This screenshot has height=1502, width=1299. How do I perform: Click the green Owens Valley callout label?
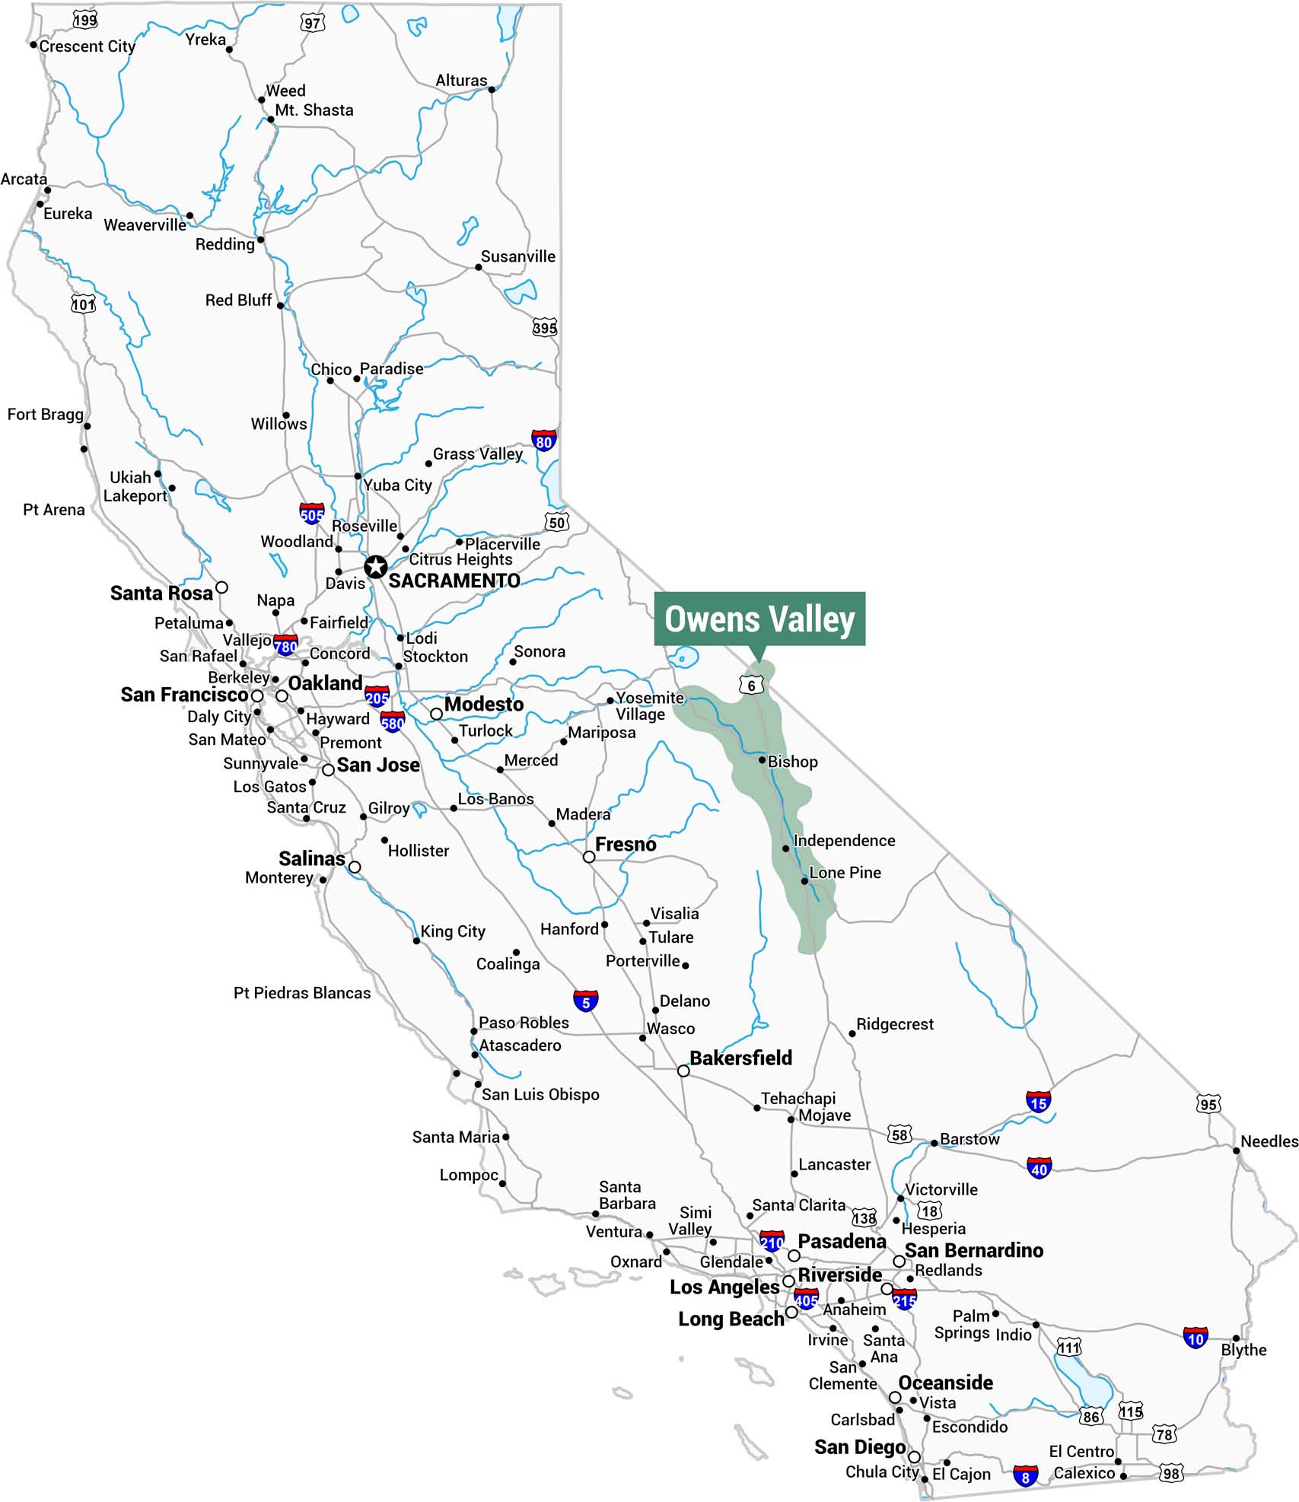759,619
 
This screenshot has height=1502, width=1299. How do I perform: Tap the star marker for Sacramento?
375,567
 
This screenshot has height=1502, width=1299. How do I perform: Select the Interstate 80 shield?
543,441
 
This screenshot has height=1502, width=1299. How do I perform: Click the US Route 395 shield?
545,328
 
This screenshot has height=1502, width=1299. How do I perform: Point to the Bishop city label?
792,762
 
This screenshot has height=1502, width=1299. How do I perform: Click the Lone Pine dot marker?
804,881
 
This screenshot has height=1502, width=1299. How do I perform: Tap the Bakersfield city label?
740,1058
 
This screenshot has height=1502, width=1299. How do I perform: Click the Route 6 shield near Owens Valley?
751,685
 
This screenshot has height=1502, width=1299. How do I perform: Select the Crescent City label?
87,46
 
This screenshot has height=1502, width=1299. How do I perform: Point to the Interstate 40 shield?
1039,1169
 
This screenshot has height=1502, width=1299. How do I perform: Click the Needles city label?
1269,1141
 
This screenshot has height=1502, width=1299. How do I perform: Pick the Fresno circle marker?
589,857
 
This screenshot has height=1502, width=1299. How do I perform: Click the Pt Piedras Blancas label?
302,993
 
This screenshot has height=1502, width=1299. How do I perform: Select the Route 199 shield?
85,20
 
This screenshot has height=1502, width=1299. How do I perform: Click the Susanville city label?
517,256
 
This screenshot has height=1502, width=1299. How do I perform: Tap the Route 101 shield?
84,304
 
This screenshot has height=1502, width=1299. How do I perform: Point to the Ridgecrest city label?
894,1024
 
